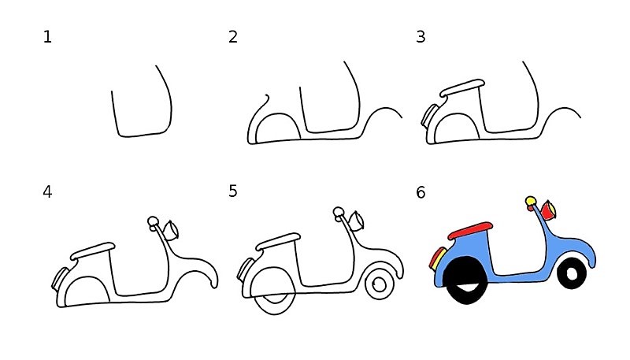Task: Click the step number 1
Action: click(48, 37)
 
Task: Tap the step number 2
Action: click(233, 37)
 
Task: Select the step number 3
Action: click(421, 37)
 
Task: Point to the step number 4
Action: click(48, 191)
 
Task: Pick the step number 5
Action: click(233, 191)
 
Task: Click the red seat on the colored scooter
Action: click(470, 230)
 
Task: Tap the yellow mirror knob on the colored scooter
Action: click(531, 202)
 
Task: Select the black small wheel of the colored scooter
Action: click(572, 273)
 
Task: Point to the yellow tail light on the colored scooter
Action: click(435, 258)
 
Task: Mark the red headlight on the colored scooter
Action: click(548, 211)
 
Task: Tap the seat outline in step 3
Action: click(461, 88)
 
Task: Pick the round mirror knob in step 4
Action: click(153, 221)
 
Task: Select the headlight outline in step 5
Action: click(357, 220)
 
